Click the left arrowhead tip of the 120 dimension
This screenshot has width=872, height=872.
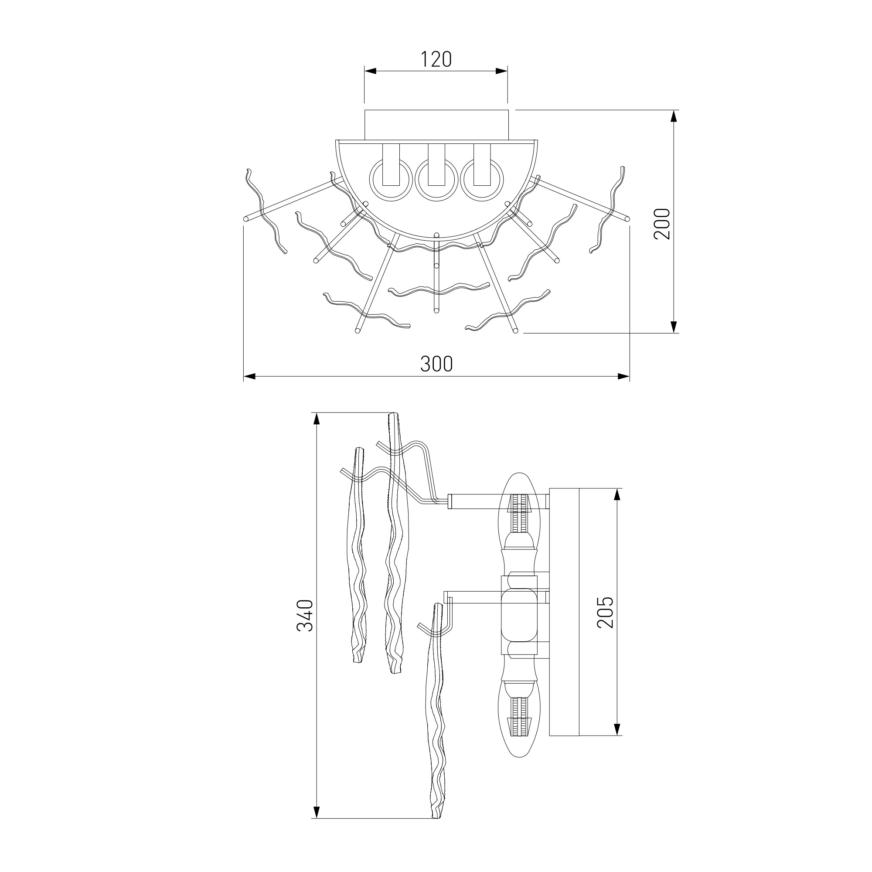point(364,71)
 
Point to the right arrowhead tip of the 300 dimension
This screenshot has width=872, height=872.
point(630,376)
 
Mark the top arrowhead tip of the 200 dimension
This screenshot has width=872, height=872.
point(674,110)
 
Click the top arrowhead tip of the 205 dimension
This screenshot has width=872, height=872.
point(617,488)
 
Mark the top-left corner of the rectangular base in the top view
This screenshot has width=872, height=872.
point(364,110)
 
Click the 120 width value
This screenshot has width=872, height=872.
point(436,59)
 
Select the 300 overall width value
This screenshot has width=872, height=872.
point(436,364)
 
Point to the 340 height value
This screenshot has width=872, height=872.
point(306,616)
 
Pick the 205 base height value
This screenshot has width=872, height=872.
point(606,612)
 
